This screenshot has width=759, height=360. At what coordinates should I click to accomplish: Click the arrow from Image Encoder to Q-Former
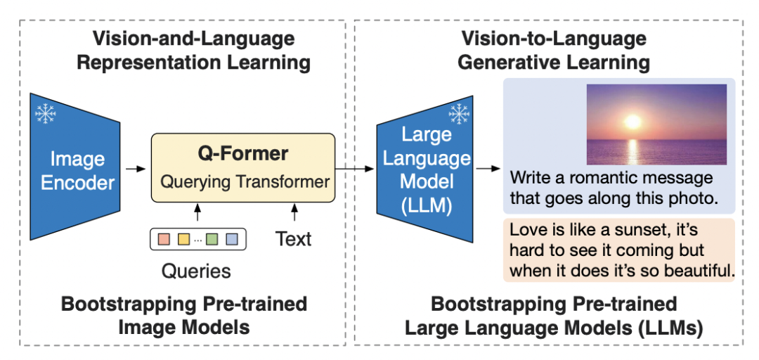136,169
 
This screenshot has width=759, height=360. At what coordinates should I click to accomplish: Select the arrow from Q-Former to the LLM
355,169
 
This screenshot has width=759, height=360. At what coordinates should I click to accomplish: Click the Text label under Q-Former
293,239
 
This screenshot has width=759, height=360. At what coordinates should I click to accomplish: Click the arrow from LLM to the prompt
487,169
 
